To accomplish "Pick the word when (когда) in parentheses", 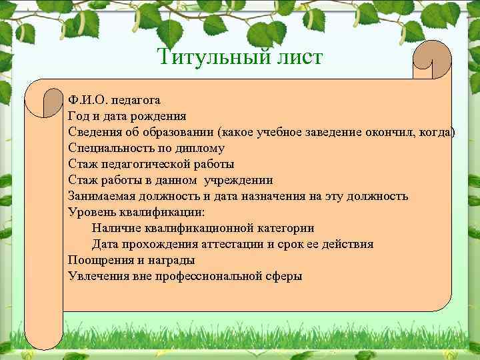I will [x=436, y=132].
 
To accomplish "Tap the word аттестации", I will [x=230, y=244].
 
